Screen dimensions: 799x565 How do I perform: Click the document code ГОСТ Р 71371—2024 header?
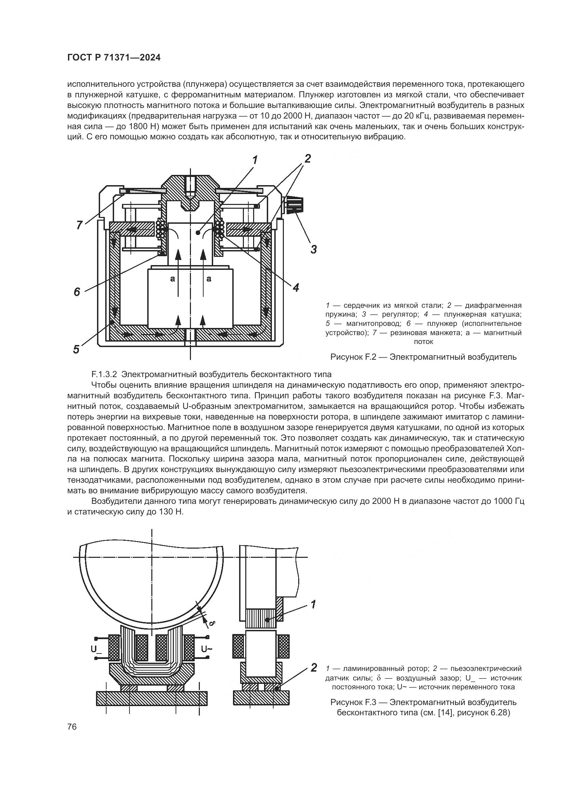pos(114,58)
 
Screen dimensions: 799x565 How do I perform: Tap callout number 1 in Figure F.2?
pos(255,160)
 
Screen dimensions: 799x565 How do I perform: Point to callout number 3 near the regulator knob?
pos(314,249)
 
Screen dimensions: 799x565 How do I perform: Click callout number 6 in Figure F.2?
pos(77,292)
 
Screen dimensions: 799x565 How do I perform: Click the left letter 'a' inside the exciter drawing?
pos(172,278)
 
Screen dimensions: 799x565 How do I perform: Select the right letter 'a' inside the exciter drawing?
pos(209,278)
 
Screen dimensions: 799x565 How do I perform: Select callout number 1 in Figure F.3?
pos(313,605)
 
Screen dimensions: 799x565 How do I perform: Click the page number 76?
pos(72,727)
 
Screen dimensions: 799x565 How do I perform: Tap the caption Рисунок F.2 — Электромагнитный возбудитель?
pos(423,357)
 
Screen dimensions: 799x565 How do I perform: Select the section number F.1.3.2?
pos(106,374)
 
